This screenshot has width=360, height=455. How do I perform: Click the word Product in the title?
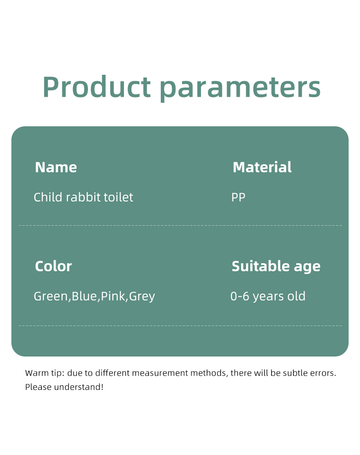97,87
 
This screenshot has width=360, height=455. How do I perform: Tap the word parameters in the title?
240,88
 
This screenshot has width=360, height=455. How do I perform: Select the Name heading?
56,167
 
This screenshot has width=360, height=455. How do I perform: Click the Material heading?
262,167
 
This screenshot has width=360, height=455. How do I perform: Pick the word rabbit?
83,197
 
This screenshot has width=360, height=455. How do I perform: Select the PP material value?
238,197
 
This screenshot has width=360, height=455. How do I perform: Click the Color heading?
53,266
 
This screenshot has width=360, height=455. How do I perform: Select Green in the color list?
51,296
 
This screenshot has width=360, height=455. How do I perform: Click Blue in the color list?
84,296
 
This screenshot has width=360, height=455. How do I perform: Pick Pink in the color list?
113,296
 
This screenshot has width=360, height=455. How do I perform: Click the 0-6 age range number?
240,296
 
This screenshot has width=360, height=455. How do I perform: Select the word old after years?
296,296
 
